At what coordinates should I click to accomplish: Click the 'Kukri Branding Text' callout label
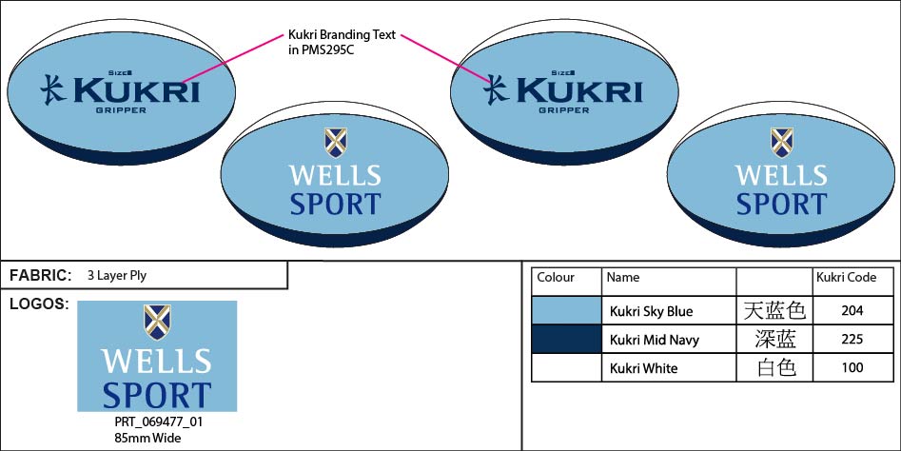(334, 43)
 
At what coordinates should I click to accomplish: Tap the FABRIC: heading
(40, 276)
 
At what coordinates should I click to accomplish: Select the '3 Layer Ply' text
(116, 276)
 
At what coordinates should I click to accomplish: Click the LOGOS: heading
(38, 304)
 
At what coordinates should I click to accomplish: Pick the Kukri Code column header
(846, 278)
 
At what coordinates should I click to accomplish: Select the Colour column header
(556, 278)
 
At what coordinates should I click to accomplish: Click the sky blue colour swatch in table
(567, 310)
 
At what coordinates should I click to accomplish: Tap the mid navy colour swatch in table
(567, 339)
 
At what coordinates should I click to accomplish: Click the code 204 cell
(852, 311)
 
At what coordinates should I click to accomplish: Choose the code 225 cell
(852, 340)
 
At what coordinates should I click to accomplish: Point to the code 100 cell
(852, 368)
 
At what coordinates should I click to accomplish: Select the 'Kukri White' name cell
(644, 368)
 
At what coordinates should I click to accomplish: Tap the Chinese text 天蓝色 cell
(774, 311)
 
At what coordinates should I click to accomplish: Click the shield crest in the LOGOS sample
(157, 323)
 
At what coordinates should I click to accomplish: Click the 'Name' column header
(623, 278)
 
